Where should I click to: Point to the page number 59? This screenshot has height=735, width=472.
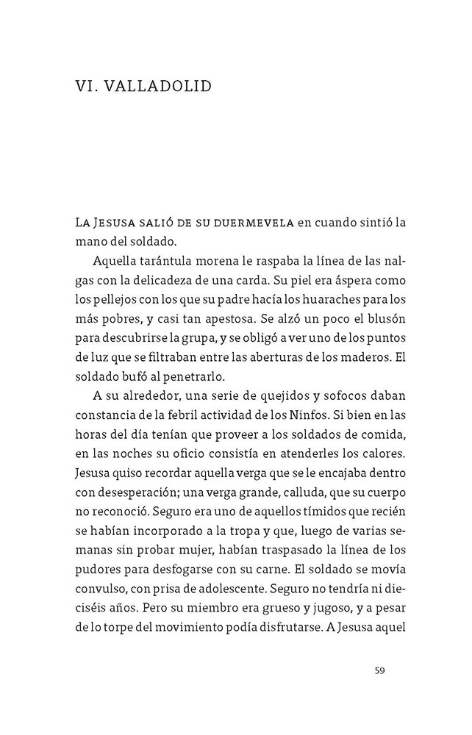pyautogui.click(x=379, y=670)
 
